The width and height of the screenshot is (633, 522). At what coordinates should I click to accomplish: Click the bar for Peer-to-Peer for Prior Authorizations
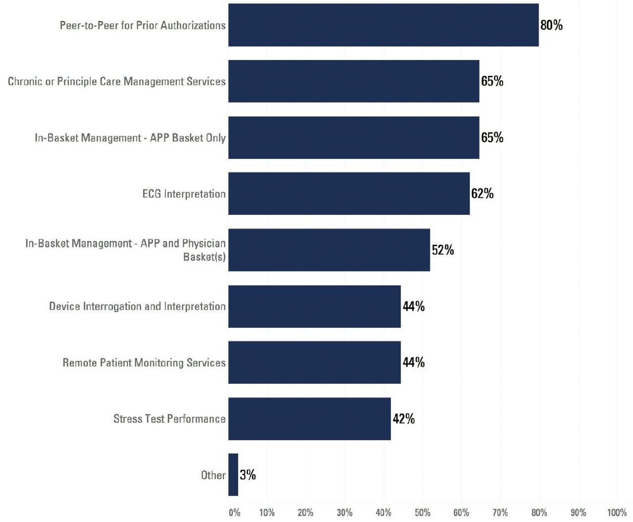[x=383, y=25]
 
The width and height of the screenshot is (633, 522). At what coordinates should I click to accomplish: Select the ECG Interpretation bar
[x=349, y=194]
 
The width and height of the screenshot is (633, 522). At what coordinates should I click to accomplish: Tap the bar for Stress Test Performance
[x=309, y=418]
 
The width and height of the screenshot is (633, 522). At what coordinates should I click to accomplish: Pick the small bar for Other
[x=233, y=474]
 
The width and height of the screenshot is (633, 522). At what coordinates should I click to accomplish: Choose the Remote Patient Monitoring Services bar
[x=314, y=362]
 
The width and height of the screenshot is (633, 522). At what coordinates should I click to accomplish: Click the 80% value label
[x=551, y=25]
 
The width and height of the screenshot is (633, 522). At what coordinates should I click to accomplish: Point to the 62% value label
[x=482, y=193]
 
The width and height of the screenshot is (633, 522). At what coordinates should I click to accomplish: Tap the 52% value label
[x=442, y=250]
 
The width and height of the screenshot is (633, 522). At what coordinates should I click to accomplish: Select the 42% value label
[x=403, y=418]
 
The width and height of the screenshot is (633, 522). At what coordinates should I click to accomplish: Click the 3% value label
[x=248, y=474]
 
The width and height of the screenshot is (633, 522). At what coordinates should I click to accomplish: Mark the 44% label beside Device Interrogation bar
[x=413, y=306]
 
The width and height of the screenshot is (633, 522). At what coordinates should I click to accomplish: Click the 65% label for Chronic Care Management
[x=492, y=81]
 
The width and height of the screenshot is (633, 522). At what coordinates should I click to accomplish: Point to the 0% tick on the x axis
[x=234, y=513]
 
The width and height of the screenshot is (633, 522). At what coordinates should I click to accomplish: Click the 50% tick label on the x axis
[x=422, y=513]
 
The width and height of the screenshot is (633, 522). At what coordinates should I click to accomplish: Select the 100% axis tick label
[x=617, y=513]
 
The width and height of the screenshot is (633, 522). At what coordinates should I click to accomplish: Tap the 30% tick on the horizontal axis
[x=344, y=513]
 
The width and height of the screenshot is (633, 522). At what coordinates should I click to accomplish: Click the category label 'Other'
[x=213, y=475]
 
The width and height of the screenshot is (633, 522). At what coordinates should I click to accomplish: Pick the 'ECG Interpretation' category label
[x=184, y=194]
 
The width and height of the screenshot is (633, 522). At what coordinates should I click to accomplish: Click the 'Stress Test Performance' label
[x=169, y=418]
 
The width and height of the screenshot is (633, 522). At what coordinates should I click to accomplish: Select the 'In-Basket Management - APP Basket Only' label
[x=130, y=138]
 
